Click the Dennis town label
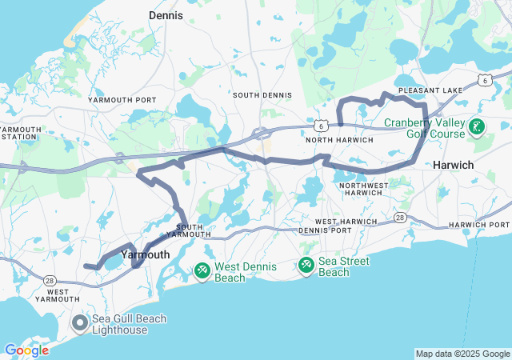tap(166, 14)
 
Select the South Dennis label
tap(256, 95)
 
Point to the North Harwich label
tap(340, 140)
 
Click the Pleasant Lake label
tap(430, 90)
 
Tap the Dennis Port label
tap(324, 230)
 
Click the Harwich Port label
tap(478, 225)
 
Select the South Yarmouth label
tap(189, 230)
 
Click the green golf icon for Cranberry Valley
tap(477, 126)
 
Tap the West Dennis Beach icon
tap(202, 272)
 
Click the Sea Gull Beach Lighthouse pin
tap(80, 324)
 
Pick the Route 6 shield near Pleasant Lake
tap(485, 80)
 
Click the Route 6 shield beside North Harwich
tap(320, 126)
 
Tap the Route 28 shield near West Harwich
tap(400, 218)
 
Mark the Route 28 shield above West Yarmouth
tap(50, 280)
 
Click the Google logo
tap(26, 350)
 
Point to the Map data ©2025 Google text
tap(462, 354)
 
